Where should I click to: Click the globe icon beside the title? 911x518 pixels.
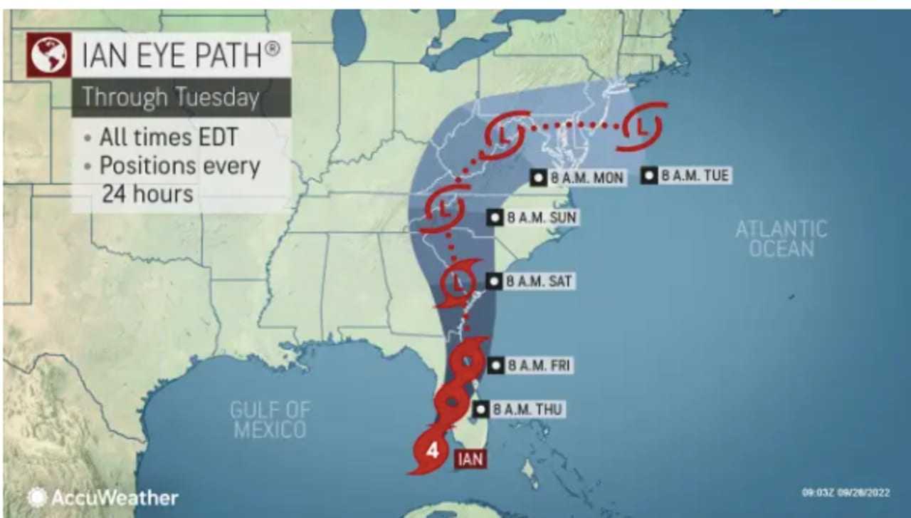click(48, 54)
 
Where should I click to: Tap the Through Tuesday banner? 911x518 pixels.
click(171, 98)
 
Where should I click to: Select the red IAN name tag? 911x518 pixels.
click(470, 459)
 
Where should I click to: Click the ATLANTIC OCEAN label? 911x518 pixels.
click(781, 239)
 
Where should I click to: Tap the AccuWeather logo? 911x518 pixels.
click(103, 497)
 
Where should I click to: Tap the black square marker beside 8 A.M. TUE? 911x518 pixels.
click(648, 175)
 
